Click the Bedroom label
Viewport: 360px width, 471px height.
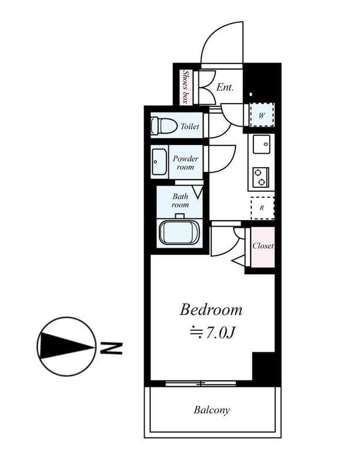click(x=211, y=310)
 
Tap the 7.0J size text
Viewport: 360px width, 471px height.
click(x=212, y=333)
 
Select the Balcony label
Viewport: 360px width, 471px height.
click(x=212, y=410)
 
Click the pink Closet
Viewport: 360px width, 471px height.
click(x=263, y=247)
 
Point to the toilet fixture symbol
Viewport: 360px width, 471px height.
click(x=164, y=126)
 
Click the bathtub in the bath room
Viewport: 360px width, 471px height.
click(x=179, y=233)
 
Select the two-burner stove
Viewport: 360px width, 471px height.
click(x=261, y=177)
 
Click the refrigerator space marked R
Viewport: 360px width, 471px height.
click(x=262, y=208)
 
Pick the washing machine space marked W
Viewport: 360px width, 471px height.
click(x=262, y=115)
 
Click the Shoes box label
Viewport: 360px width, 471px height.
click(x=185, y=87)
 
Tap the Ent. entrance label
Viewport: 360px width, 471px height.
click(x=225, y=87)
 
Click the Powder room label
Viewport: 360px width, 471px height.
click(x=185, y=162)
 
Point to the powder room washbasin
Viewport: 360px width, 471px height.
click(x=159, y=162)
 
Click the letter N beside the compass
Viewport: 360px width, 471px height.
click(x=111, y=347)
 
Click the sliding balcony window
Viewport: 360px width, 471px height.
click(x=201, y=383)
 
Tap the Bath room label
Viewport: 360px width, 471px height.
click(x=180, y=201)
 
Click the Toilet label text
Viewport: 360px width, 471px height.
click(x=189, y=126)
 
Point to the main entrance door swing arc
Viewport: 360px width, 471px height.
click(x=211, y=34)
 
